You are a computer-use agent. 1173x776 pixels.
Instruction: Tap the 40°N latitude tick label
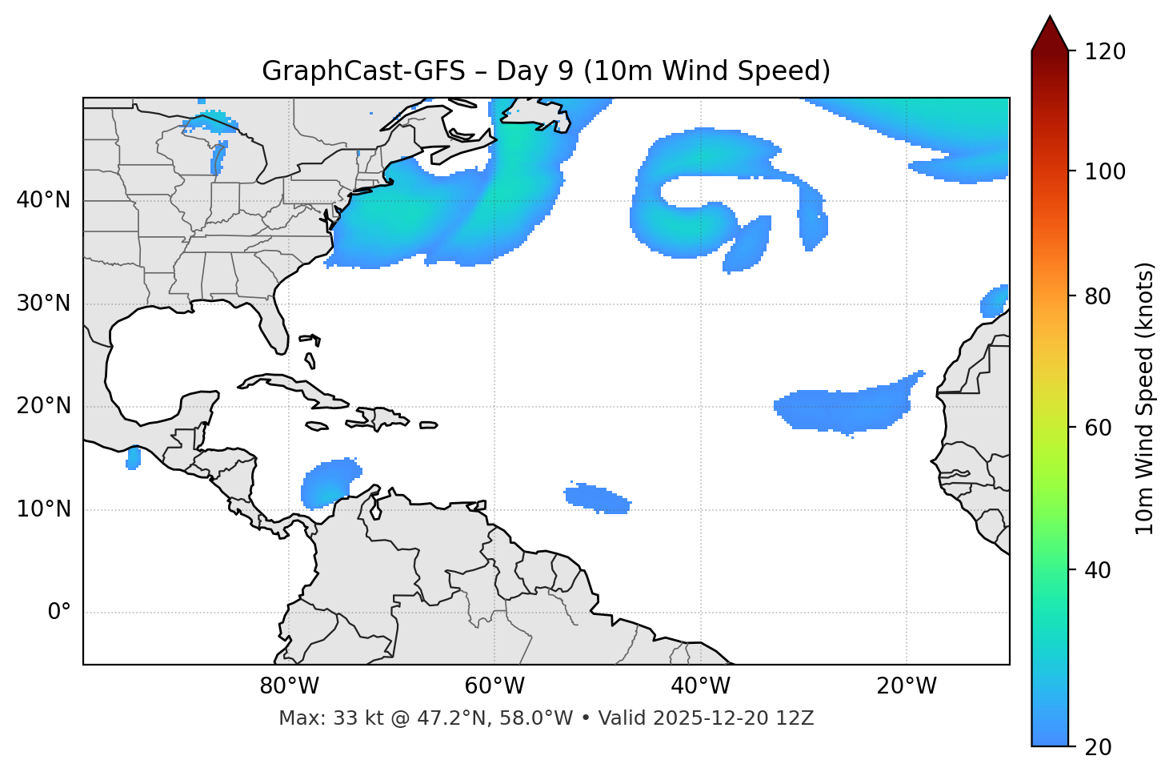pyautogui.click(x=43, y=200)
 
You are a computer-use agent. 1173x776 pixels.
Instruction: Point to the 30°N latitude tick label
pyautogui.click(x=43, y=304)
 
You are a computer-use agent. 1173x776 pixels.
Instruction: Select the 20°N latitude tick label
pyautogui.click(x=43, y=406)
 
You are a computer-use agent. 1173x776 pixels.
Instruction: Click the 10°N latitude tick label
pyautogui.click(x=43, y=509)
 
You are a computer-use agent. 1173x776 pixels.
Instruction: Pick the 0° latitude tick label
pyautogui.click(x=59, y=613)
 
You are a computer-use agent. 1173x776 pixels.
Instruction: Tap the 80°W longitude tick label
pyautogui.click(x=289, y=686)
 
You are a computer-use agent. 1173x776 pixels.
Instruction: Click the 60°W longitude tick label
pyautogui.click(x=494, y=686)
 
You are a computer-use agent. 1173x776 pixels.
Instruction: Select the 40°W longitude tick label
pyautogui.click(x=700, y=686)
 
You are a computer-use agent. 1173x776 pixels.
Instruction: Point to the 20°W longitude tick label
pyautogui.click(x=907, y=686)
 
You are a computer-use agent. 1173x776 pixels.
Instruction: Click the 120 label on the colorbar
pyautogui.click(x=1104, y=52)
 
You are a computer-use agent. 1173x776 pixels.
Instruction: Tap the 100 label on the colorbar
pyautogui.click(x=1104, y=171)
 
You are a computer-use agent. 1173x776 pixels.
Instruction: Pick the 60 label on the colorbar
pyautogui.click(x=1099, y=428)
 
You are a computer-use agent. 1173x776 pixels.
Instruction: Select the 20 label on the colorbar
pyautogui.click(x=1099, y=747)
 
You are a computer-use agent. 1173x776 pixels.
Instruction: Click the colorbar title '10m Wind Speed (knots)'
pyautogui.click(x=1145, y=398)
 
